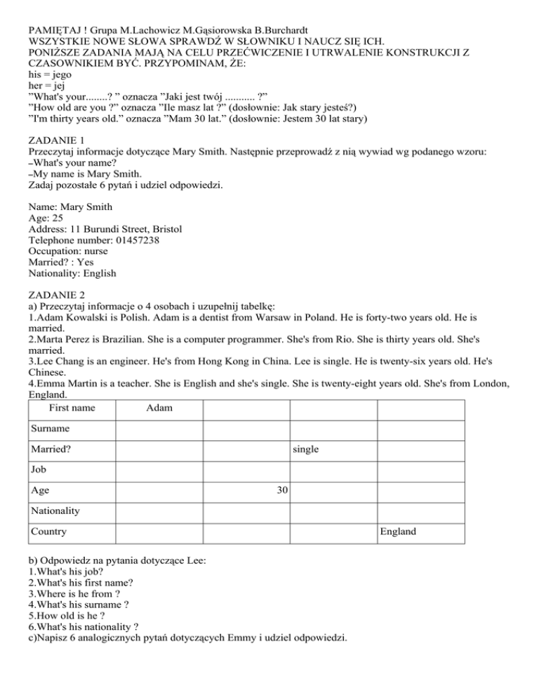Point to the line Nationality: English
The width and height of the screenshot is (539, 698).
72,272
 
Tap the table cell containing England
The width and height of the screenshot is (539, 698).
397,532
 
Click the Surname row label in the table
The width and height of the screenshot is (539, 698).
50,427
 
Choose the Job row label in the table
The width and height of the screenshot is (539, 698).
39,469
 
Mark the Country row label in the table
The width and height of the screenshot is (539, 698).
48,532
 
